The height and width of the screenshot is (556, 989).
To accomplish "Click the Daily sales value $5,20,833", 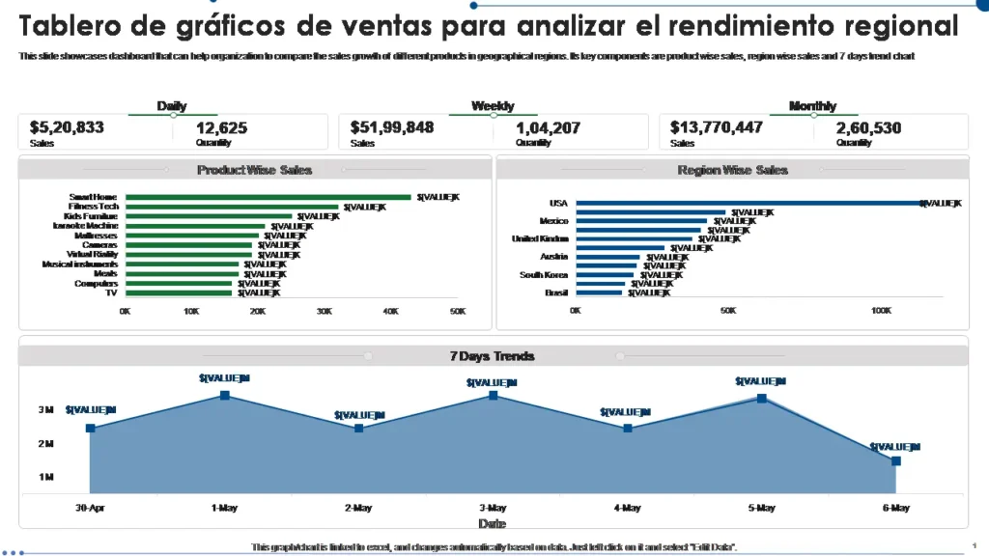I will [67, 127].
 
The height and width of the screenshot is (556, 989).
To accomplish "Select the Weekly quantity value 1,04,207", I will [548, 127].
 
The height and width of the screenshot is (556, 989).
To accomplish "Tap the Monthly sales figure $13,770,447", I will [717, 127].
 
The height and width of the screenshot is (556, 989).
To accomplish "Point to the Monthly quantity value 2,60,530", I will [868, 127].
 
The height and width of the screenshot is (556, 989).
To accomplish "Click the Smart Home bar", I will [268, 197].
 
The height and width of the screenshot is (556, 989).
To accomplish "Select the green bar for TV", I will [179, 292].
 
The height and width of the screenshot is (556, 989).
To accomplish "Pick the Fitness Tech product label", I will [94, 207].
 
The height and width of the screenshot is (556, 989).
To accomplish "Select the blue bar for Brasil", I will [599, 292].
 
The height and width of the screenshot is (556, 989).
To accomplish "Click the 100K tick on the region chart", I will [881, 311].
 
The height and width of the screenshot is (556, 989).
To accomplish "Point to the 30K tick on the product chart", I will [325, 312].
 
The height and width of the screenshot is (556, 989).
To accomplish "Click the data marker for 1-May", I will [224, 395].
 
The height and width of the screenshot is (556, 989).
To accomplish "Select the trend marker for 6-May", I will [895, 461].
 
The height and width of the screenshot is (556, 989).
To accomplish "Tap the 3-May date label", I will [493, 508].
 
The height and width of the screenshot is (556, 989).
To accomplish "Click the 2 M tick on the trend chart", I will [45, 444].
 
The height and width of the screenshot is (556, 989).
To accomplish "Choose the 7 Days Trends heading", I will [492, 356].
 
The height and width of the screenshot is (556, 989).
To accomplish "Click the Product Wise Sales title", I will [254, 170].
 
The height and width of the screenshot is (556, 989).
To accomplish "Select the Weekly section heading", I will [493, 106].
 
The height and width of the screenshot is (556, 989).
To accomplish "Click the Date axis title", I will [493, 524].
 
